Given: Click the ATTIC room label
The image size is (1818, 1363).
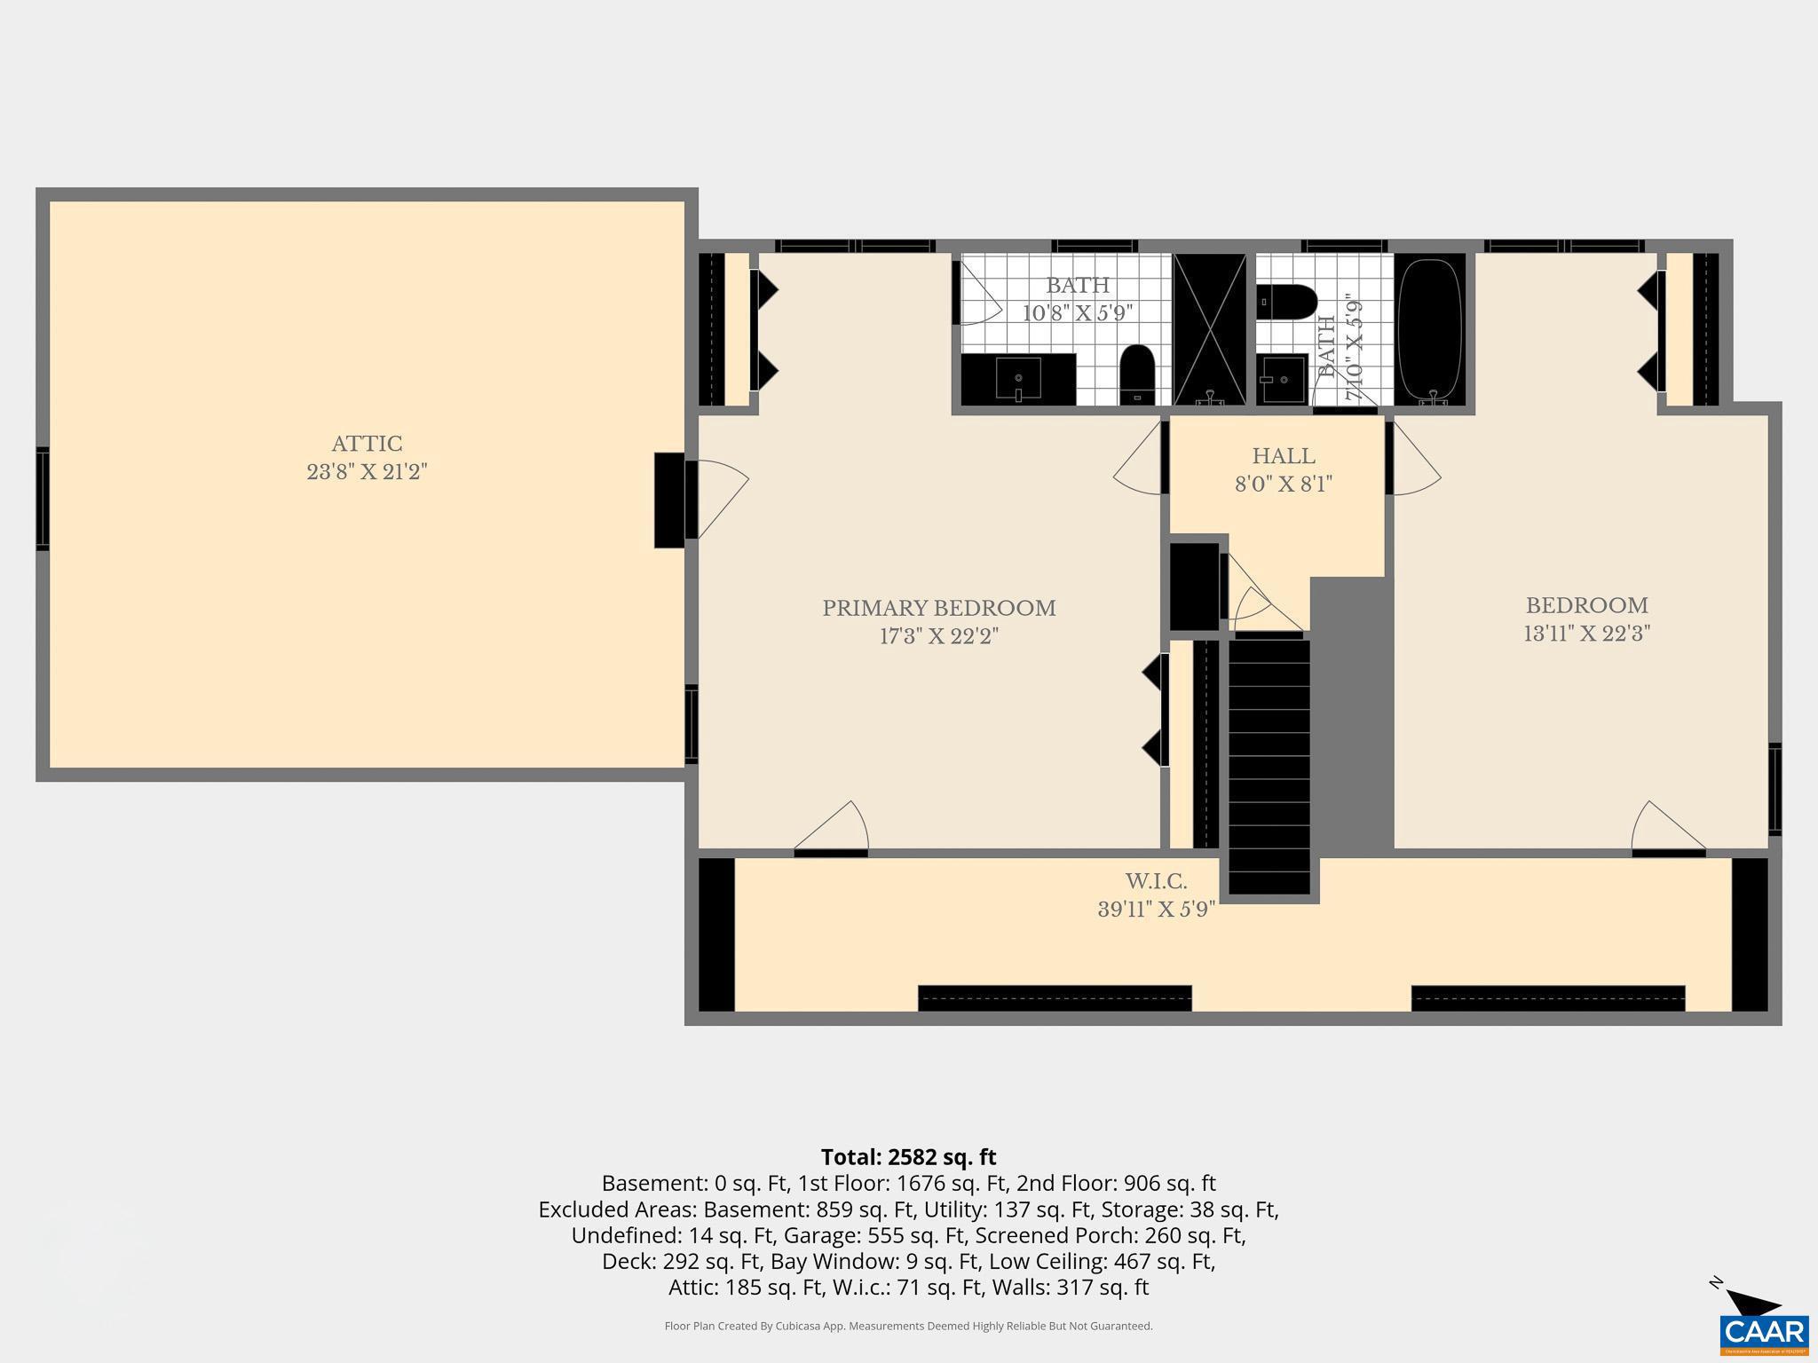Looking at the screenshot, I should click(367, 444).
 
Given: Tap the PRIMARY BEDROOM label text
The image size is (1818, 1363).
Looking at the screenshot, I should click(938, 609).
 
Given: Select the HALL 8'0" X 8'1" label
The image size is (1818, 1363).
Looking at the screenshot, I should click(1284, 469).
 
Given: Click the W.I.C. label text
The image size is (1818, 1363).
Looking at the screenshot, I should click(1156, 882).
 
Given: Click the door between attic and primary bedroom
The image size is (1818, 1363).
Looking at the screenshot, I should click(717, 499).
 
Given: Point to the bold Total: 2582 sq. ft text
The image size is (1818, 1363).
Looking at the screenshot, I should click(908, 1157).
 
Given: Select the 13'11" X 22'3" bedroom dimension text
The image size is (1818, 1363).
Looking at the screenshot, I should click(1586, 634).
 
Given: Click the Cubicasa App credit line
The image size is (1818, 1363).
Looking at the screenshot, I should click(908, 1327).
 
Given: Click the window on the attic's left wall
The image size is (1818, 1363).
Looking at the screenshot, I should click(42, 499).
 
